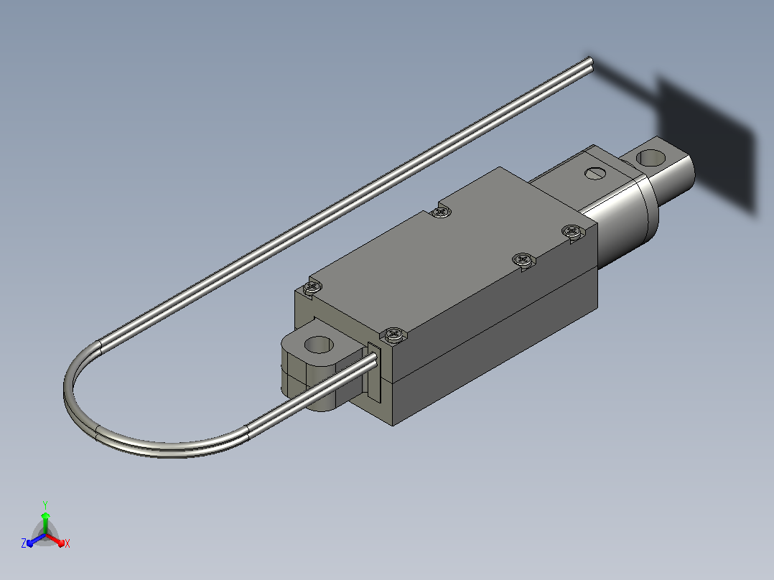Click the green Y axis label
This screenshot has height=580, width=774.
45,505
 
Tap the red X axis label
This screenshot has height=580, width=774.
67,543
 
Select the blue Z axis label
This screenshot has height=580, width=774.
24,543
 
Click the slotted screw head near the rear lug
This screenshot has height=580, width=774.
595,173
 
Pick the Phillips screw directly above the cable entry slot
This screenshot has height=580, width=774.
394,335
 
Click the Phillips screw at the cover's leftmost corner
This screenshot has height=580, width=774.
312,286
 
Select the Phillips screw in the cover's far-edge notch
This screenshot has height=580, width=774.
442,212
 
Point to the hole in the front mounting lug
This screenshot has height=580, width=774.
319,345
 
